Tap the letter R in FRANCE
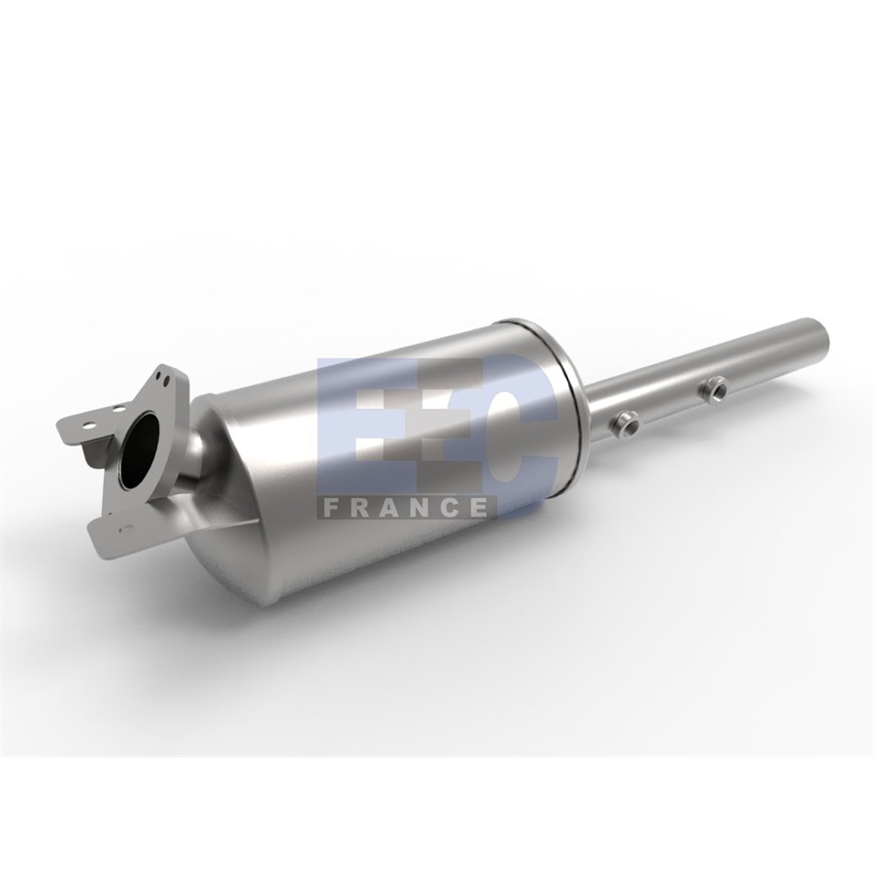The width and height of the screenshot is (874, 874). pyautogui.click(x=357, y=507)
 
